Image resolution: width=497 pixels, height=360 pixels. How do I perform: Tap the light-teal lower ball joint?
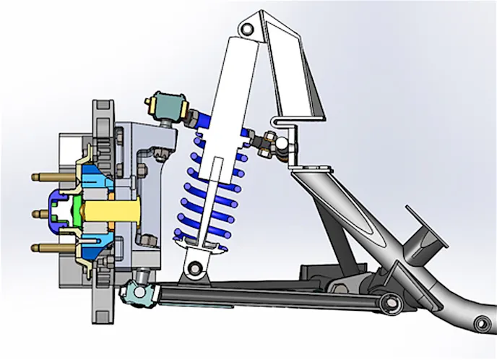coord(137,292)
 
